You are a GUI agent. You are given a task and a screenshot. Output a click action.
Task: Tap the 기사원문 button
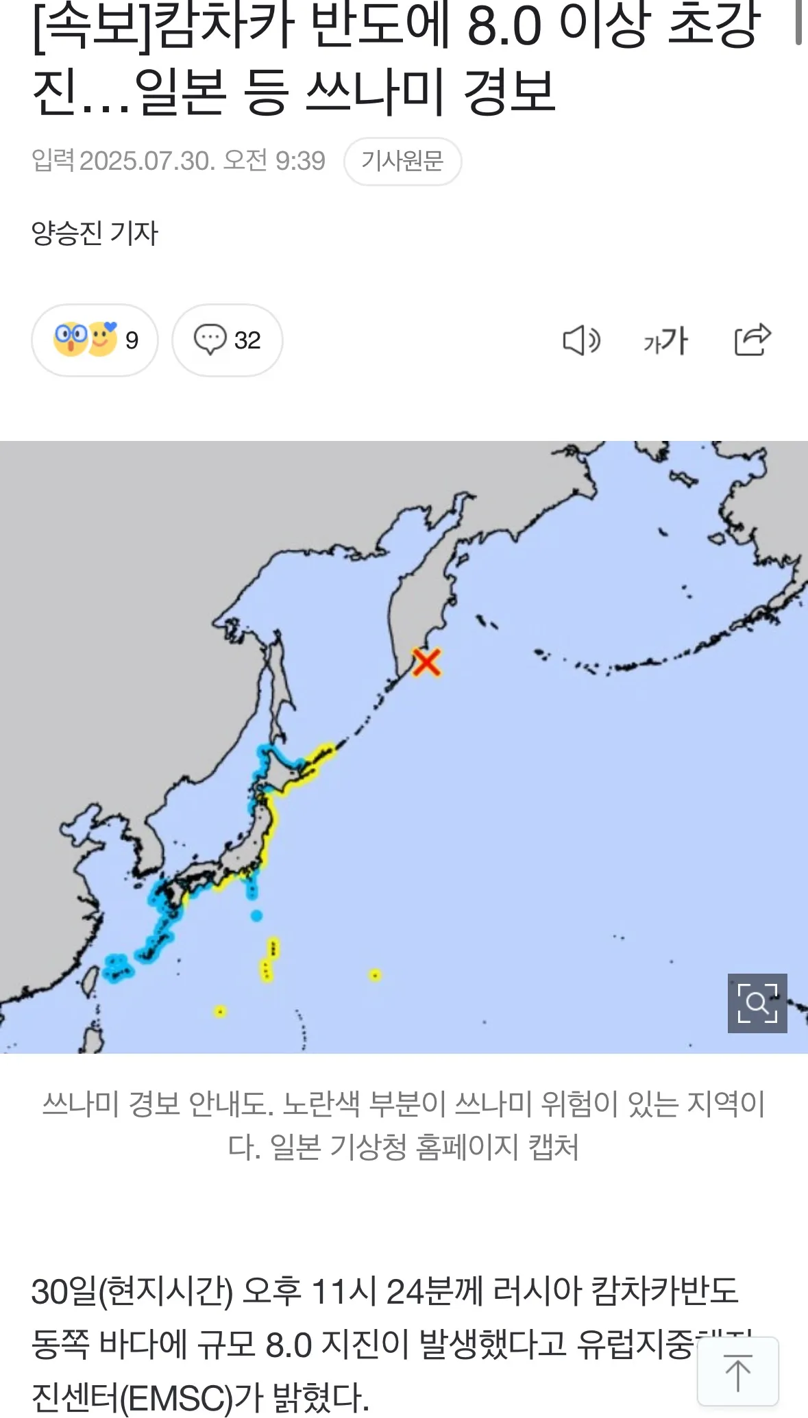pyautogui.click(x=402, y=162)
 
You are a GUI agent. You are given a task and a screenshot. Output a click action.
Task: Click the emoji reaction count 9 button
pyautogui.click(x=95, y=340)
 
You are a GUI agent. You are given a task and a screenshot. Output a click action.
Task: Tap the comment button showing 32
pyautogui.click(x=227, y=340)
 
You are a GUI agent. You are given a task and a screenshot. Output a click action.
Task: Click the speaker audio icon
pyautogui.click(x=581, y=340)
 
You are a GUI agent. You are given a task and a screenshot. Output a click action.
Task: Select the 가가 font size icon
pyautogui.click(x=665, y=340)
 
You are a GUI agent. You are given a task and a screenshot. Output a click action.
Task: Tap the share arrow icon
pyautogui.click(x=752, y=340)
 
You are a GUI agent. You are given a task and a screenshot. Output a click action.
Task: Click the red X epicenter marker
pyautogui.click(x=426, y=663)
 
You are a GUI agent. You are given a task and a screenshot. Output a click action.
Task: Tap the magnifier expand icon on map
pyautogui.click(x=757, y=1003)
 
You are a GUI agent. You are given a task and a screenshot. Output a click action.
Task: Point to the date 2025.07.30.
pyautogui.click(x=147, y=162)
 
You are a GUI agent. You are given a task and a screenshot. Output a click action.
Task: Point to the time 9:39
pyautogui.click(x=300, y=162)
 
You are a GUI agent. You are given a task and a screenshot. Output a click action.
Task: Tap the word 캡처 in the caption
pyautogui.click(x=553, y=1147)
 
